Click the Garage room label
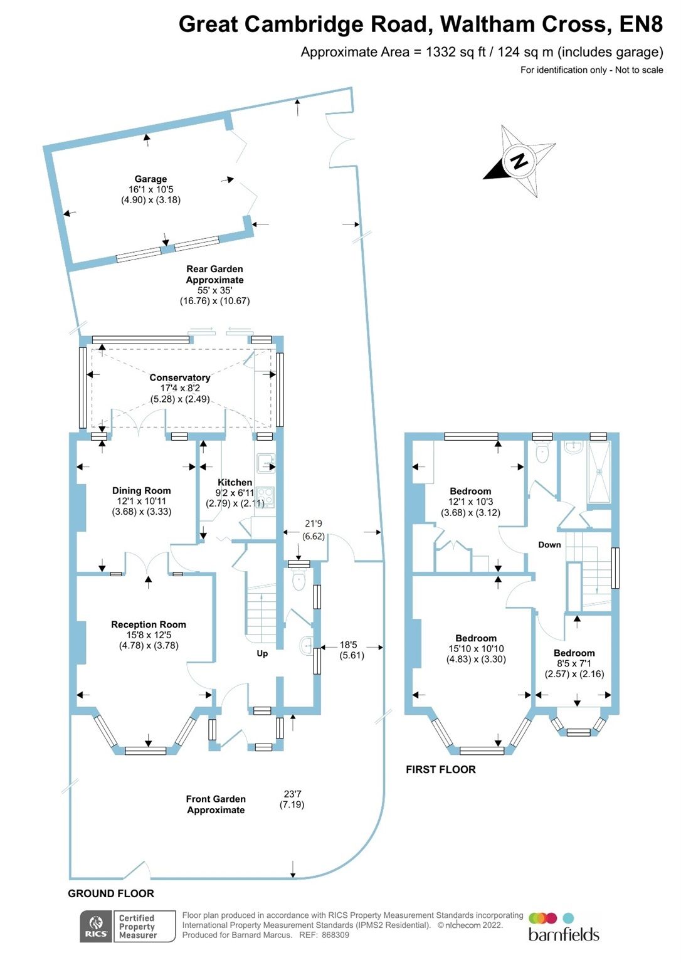point(150,179)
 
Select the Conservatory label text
point(179,377)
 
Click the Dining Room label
point(141,491)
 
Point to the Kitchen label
point(235,482)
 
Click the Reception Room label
point(149,624)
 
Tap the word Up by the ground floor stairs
point(262,653)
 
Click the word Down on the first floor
point(549,545)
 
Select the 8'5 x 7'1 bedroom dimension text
point(574,663)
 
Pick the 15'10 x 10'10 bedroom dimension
point(476,649)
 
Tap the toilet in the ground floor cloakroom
point(299,581)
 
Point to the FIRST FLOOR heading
point(440,769)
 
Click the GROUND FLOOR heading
point(111,893)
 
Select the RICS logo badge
point(96,927)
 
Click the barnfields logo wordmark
point(563,934)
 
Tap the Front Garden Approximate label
point(216,804)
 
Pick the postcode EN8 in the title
point(640,24)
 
